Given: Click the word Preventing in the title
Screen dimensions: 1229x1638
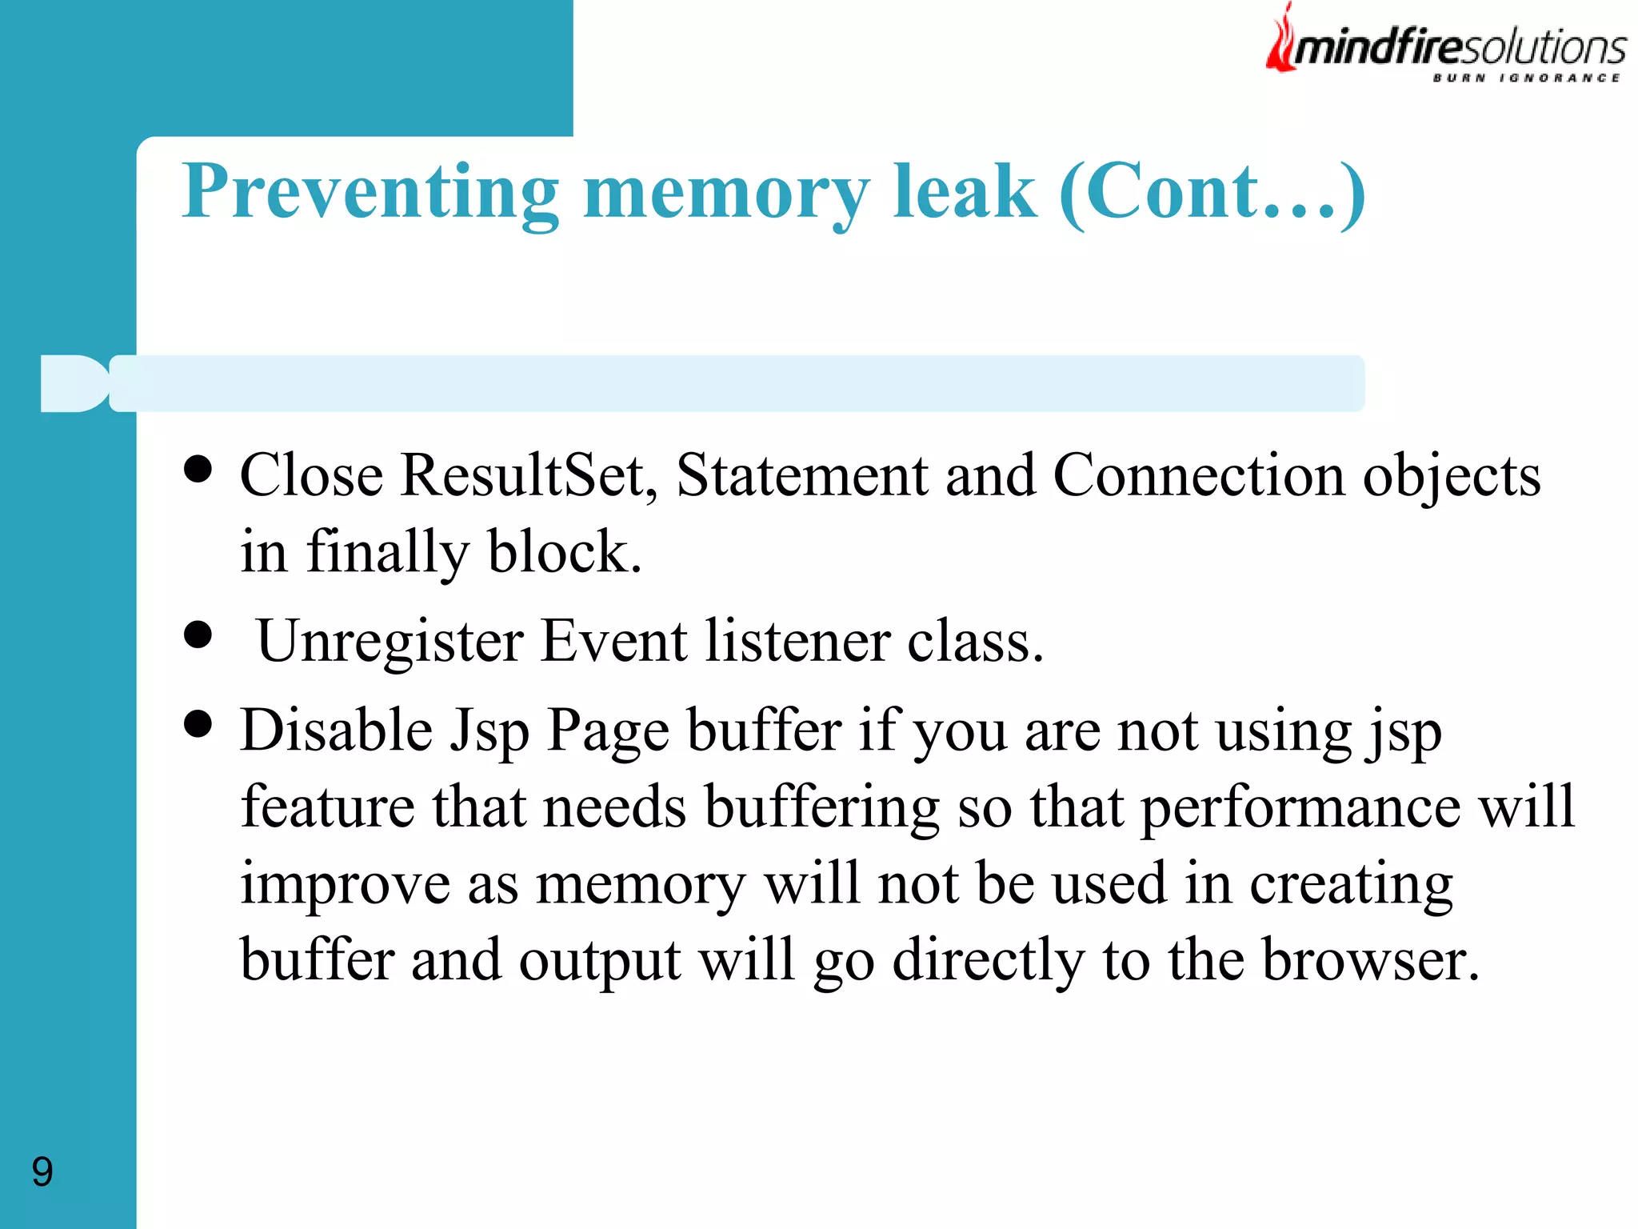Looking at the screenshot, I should [x=370, y=192].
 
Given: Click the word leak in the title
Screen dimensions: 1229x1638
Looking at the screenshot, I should [x=964, y=192].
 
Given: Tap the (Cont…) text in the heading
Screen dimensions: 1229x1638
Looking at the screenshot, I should [x=1212, y=192].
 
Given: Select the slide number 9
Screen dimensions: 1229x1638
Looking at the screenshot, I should [x=42, y=1171].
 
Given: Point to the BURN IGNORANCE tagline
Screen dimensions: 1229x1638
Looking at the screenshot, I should [x=1526, y=78].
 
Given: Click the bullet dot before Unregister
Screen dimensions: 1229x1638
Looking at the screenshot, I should [x=198, y=636].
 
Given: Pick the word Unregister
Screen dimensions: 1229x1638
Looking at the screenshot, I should [x=390, y=643].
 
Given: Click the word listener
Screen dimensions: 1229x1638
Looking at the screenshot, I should [x=797, y=643].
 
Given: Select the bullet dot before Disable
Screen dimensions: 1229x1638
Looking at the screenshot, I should [x=198, y=725].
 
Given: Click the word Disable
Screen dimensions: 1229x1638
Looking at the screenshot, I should [x=336, y=731].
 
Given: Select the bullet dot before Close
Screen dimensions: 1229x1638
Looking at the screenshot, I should [x=198, y=470].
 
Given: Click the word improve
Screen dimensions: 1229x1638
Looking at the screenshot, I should [x=345, y=885].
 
